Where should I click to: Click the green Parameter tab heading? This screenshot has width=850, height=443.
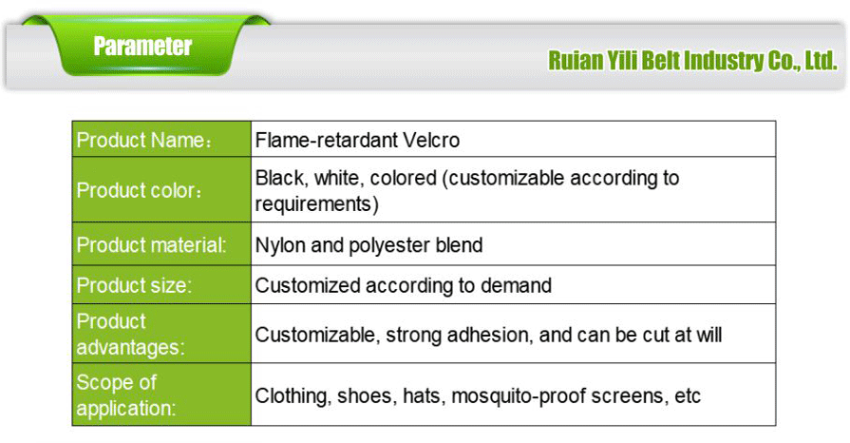pos(142,46)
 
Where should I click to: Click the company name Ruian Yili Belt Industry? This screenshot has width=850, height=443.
pos(691,62)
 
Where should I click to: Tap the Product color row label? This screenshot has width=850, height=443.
pos(139,189)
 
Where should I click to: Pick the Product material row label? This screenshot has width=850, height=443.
pos(152,245)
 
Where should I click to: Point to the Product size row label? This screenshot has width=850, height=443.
pos(133,285)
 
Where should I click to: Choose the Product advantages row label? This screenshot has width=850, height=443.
pos(130,334)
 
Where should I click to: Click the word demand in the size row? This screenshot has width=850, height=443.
pos(519,285)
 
